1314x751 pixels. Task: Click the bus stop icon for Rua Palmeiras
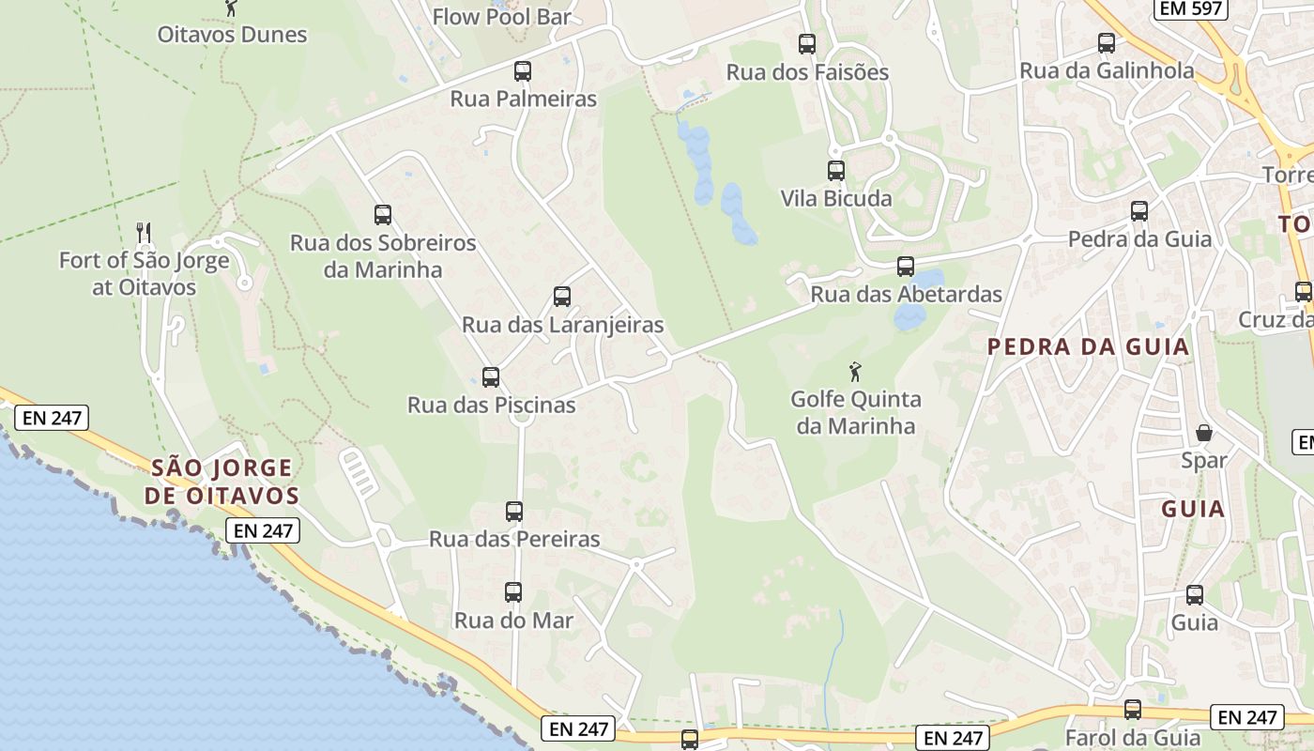coord(523,71)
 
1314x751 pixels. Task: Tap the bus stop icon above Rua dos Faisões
coord(806,43)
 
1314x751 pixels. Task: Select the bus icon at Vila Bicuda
coord(836,171)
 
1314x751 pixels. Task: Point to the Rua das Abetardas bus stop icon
coord(906,267)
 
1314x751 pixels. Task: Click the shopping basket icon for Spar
coord(1204,433)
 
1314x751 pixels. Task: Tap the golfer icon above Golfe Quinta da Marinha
coord(854,372)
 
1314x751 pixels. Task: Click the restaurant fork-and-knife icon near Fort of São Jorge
coord(144,232)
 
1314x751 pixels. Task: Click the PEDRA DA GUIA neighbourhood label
coord(1088,347)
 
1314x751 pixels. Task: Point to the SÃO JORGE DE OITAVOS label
coord(222,482)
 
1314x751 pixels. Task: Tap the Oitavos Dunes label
coord(232,35)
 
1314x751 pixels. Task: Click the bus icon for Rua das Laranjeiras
coord(562,297)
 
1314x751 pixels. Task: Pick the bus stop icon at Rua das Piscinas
coord(491,377)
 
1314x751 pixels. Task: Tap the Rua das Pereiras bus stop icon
coord(514,512)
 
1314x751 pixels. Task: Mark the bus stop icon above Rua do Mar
coord(513,592)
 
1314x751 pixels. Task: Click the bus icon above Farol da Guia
coord(1133,710)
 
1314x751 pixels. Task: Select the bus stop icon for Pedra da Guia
coord(1139,211)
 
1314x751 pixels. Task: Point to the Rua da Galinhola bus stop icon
coord(1107,43)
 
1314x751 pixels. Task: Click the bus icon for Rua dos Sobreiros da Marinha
coord(383,215)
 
